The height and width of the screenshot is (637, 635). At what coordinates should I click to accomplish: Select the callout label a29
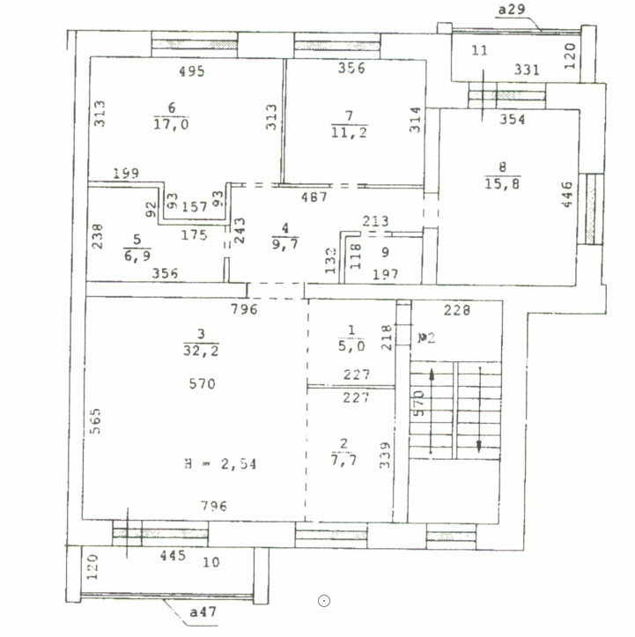coord(512,9)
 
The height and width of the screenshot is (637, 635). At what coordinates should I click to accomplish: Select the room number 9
coord(384,251)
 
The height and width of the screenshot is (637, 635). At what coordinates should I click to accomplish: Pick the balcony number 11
coord(479,50)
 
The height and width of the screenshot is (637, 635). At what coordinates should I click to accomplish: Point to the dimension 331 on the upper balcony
coord(527,70)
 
